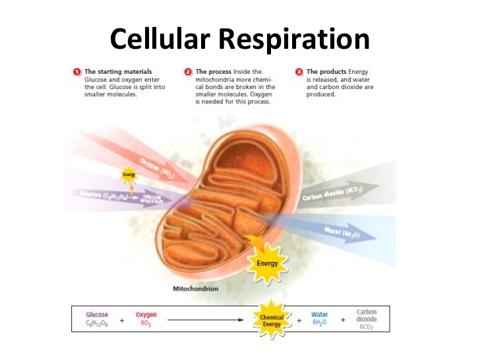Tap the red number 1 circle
coord(77,71)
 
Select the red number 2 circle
coord(189,71)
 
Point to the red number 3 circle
coord(299,71)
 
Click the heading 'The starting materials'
coord(118,71)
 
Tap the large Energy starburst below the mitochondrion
coord(267,263)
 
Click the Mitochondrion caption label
coord(195,289)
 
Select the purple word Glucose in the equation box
coord(97,315)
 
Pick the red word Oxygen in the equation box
coord(146,315)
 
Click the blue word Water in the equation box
coord(319,315)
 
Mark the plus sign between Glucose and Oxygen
coord(122,319)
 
